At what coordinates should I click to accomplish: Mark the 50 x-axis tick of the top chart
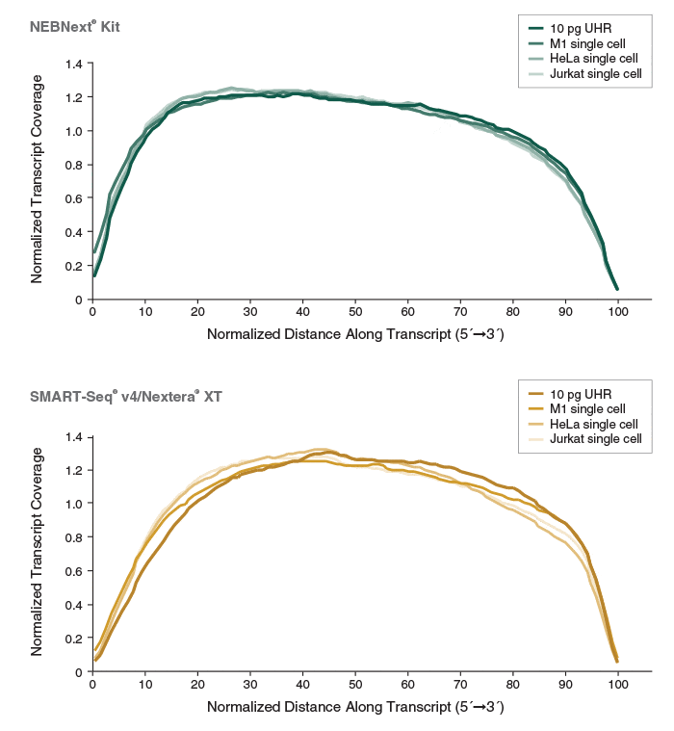point(354,312)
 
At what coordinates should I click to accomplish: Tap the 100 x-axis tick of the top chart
point(617,312)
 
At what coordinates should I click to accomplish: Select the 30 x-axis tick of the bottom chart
point(249,685)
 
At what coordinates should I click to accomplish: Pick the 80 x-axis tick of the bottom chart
point(512,685)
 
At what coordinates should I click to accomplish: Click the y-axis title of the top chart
point(37,181)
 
